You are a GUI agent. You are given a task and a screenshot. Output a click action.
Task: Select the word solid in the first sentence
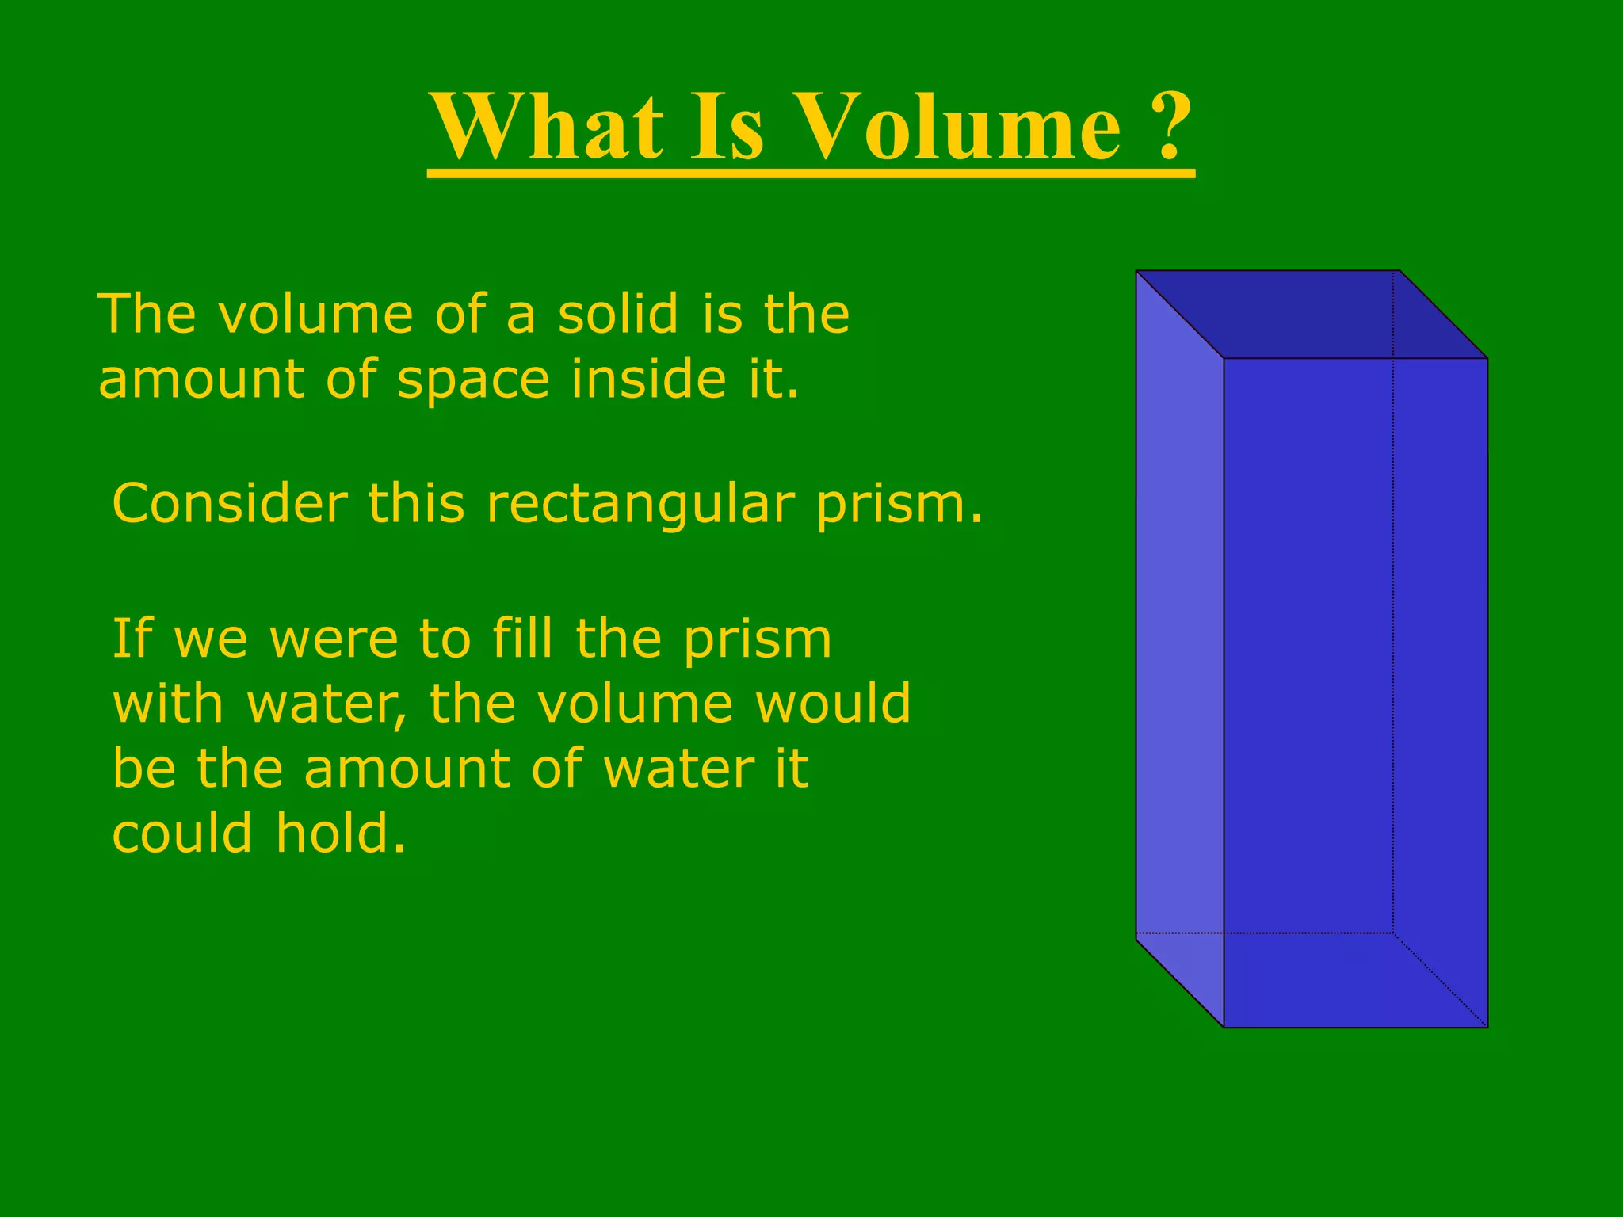618,314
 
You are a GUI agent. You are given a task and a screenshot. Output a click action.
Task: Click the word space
473,380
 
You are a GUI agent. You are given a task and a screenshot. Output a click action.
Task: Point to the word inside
649,379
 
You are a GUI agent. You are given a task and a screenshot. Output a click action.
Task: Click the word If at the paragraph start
132,639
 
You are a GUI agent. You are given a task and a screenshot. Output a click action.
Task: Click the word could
183,834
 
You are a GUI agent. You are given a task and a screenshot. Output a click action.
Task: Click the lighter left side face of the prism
1179,650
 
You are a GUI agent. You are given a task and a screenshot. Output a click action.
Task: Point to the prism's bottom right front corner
1487,1027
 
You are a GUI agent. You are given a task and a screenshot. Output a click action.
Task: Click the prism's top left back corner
1137,272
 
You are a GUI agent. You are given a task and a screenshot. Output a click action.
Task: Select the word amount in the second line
201,380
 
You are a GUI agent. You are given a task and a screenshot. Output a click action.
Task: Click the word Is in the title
727,127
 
